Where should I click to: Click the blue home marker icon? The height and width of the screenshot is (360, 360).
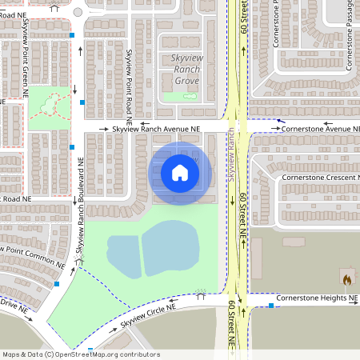pyautogui.click(x=180, y=172)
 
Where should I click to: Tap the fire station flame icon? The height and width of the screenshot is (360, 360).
pyautogui.click(x=347, y=281)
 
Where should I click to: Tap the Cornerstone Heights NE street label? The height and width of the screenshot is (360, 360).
pyautogui.click(x=317, y=298)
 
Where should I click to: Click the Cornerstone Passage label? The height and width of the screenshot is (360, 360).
pyautogui.click(x=349, y=36)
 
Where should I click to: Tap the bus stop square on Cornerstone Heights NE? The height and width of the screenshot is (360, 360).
pyautogui.click(x=271, y=307)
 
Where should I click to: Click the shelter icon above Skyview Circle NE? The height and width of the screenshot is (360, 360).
pyautogui.click(x=200, y=294)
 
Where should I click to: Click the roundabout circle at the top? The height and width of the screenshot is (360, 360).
pyautogui.click(x=78, y=12)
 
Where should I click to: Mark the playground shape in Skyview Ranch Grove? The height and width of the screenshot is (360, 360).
pyautogui.click(x=190, y=96)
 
